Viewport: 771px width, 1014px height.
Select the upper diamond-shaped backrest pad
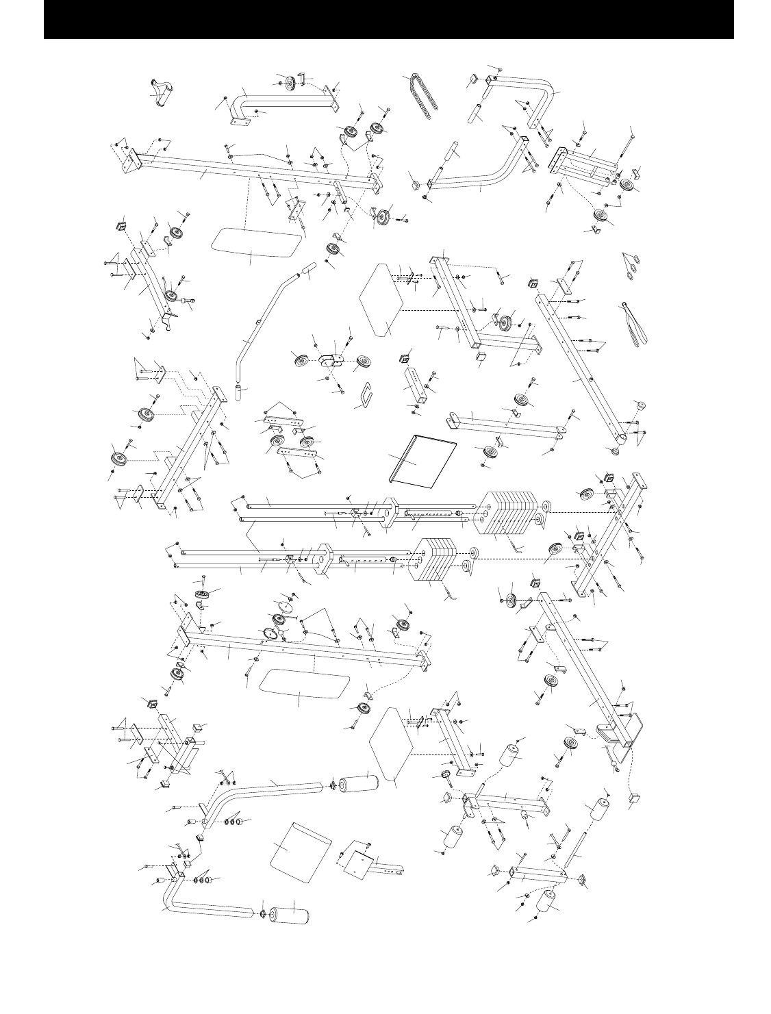385,299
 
